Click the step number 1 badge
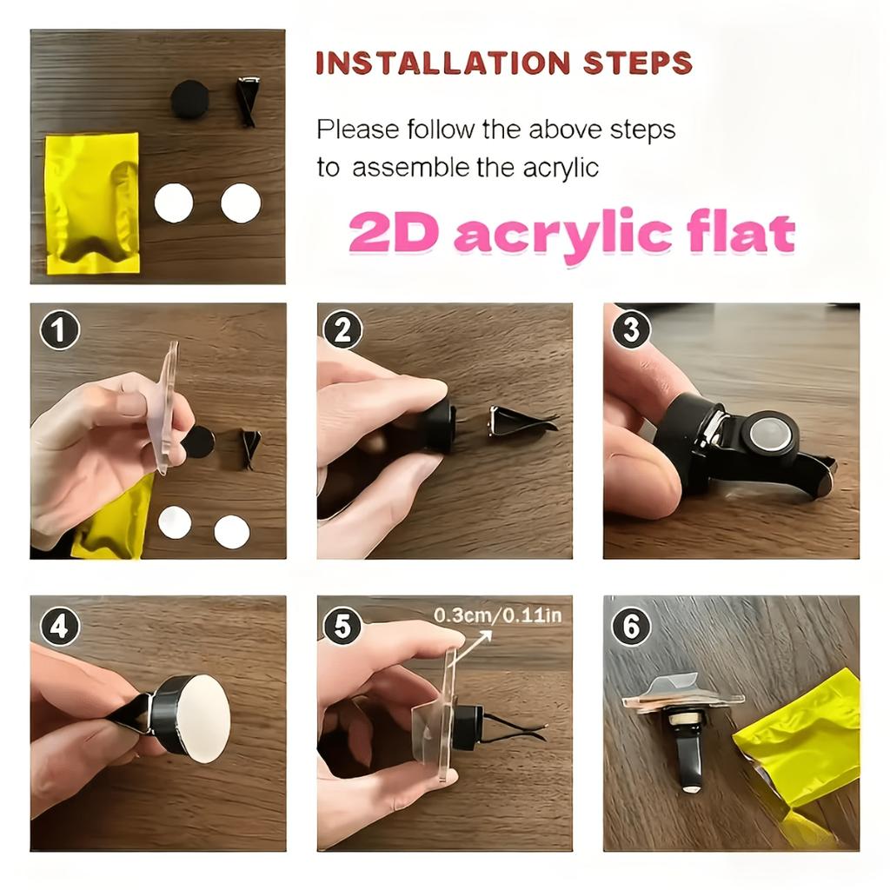[60, 330]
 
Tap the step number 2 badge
[342, 329]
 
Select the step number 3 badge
[630, 329]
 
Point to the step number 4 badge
[60, 626]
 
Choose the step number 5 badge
[342, 626]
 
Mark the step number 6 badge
[630, 626]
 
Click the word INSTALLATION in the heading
[442, 63]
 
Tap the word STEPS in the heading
[637, 63]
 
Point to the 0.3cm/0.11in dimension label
[497, 615]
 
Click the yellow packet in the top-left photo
[92, 203]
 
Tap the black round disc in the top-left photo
[190, 99]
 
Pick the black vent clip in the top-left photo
[246, 103]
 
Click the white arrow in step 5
[473, 648]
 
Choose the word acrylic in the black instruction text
[561, 169]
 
